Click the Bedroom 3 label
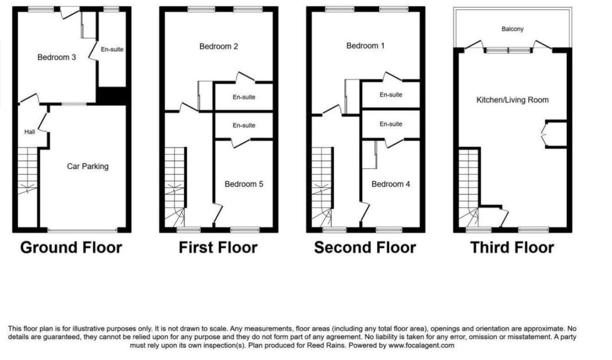click(57, 57)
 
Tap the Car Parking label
click(88, 166)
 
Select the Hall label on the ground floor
click(30, 132)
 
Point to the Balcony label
click(512, 29)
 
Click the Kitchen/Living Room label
click(512, 100)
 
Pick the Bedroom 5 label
click(244, 184)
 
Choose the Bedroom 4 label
click(391, 184)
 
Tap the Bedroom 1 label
click(365, 46)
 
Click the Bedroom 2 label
click(219, 47)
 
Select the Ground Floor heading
click(71, 248)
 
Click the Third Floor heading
click(512, 248)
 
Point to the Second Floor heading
click(365, 248)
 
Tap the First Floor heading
click(218, 248)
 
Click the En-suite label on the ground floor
click(112, 49)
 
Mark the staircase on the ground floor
click(28, 171)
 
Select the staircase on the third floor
click(469, 188)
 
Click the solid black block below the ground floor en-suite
click(112, 96)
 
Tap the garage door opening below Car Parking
click(83, 230)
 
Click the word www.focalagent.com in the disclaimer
click(421, 346)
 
